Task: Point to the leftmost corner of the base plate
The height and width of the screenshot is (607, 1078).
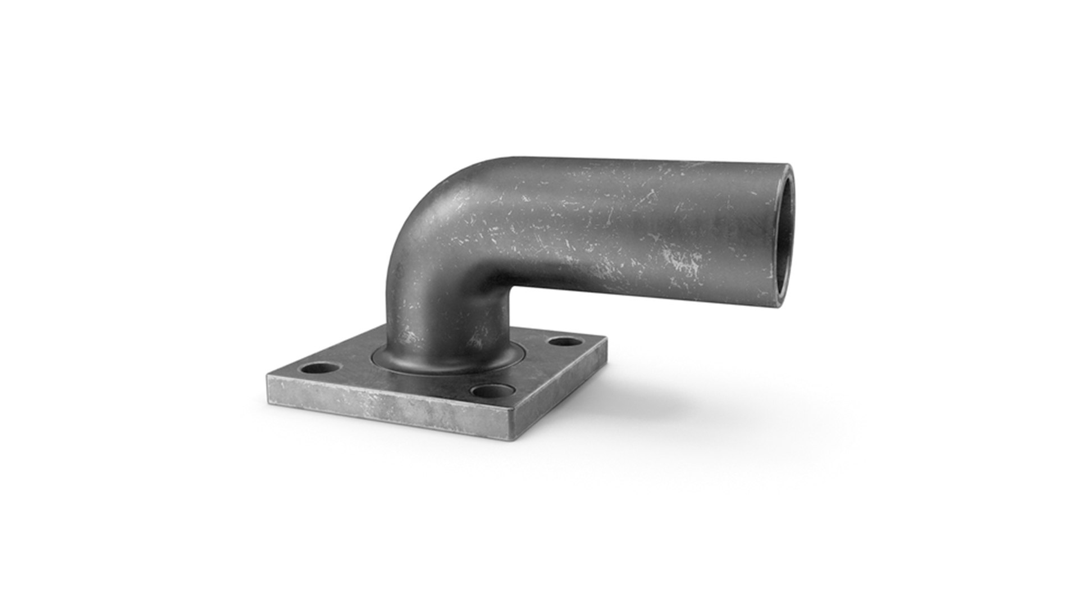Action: [267, 378]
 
